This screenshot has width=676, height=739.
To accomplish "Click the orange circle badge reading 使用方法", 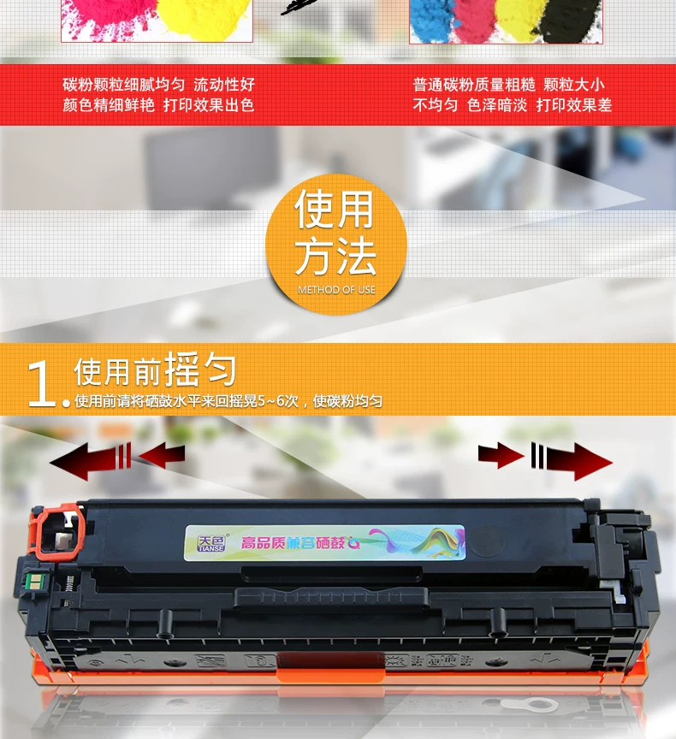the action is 336,244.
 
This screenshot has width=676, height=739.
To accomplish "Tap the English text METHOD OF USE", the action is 336,290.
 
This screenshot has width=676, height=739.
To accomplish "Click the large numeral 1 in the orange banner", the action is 40,384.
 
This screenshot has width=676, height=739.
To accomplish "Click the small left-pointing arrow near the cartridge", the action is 161,455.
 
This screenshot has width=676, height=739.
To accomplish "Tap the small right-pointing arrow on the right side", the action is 501,456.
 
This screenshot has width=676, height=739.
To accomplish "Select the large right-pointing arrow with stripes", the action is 572,461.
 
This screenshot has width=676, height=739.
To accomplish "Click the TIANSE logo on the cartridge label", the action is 211,543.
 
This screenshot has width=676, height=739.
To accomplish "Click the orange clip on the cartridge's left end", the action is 56,532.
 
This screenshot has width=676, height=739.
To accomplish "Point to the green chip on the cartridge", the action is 34,581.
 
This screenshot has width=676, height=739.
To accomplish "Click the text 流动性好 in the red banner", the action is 224,85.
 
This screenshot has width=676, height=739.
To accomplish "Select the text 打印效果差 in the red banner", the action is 573,105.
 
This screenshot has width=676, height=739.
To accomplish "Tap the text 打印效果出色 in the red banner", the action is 209,104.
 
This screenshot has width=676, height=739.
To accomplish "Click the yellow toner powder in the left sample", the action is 205,19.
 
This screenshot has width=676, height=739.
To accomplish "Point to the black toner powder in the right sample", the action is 568,21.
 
